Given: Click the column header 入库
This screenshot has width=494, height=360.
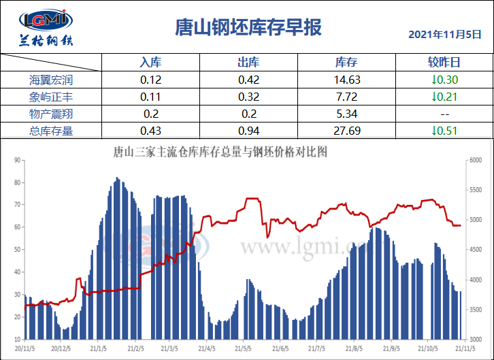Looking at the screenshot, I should pos(150,63).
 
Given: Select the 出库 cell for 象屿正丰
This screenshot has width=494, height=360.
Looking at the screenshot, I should pos(248,97).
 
